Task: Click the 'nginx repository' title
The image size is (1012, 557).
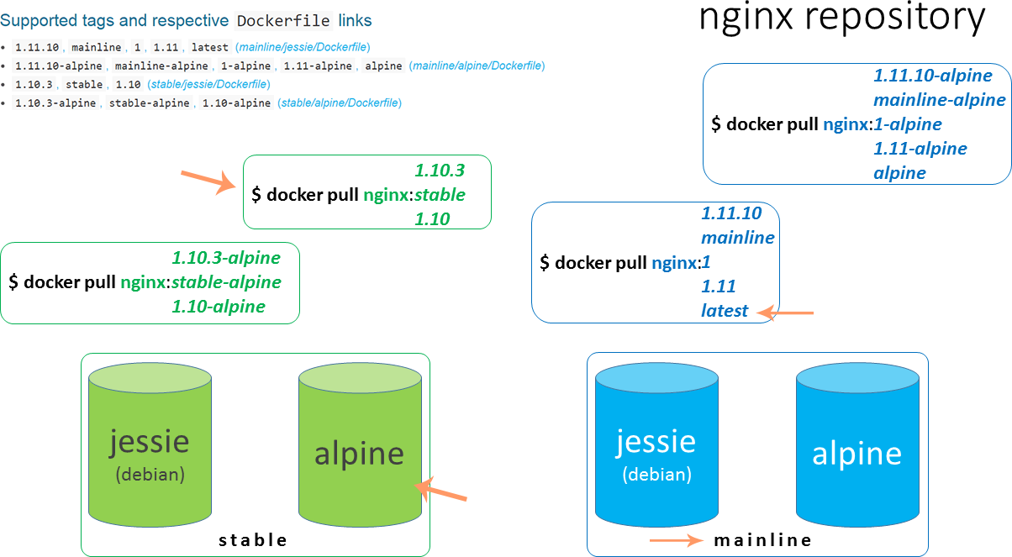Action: (x=841, y=18)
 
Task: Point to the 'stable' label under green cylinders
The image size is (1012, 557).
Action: (x=253, y=540)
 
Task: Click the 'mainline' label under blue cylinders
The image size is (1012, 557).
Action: (x=762, y=540)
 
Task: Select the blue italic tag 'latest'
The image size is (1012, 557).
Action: (x=725, y=311)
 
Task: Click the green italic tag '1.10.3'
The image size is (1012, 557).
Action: (x=440, y=171)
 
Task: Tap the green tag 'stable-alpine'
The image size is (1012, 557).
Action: (x=226, y=282)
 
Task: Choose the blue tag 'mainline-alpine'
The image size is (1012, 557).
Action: (x=939, y=100)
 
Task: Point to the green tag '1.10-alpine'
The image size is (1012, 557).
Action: (x=219, y=307)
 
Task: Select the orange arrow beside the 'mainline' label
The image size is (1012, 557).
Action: (x=677, y=540)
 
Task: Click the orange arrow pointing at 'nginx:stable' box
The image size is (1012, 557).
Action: (x=208, y=181)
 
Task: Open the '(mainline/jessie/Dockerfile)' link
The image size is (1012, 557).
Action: (x=303, y=47)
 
